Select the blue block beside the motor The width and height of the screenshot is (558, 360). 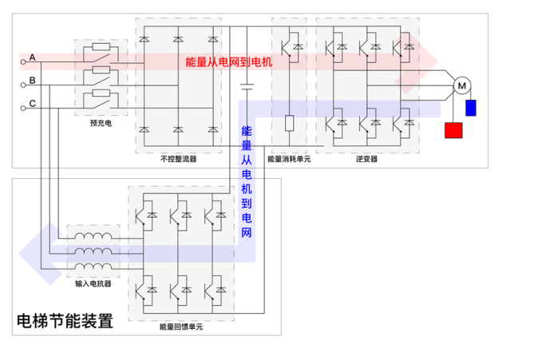[x=470, y=108]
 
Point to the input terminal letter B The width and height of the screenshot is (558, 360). [x=32, y=81]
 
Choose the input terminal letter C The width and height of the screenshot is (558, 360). [x=32, y=103]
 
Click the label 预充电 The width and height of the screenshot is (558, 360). [x=100, y=124]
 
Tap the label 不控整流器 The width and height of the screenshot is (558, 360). [x=178, y=159]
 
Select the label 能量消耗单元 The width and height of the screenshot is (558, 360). [x=288, y=159]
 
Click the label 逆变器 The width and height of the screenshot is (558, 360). [x=366, y=159]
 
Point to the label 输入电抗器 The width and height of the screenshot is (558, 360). [x=93, y=283]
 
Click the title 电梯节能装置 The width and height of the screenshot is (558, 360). [x=65, y=321]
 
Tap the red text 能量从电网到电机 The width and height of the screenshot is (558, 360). [x=228, y=61]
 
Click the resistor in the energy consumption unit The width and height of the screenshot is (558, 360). [x=289, y=124]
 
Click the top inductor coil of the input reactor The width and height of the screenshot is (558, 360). [x=93, y=238]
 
